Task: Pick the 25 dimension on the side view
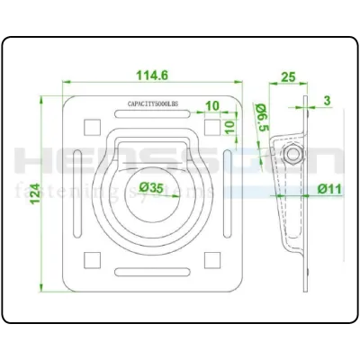[x=288, y=78]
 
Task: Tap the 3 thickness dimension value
[x=327, y=100]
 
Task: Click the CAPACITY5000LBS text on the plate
[x=154, y=103]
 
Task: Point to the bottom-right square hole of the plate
[x=212, y=260]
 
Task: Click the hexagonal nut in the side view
[x=293, y=157]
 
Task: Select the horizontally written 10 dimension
[x=211, y=106]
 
